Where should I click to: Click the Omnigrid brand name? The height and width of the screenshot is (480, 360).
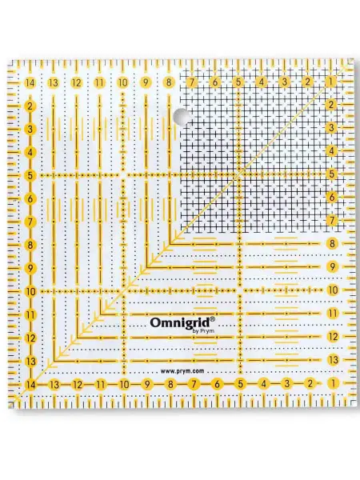pyautogui.click(x=180, y=322)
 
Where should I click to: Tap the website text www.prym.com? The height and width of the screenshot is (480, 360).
pyautogui.click(x=182, y=371)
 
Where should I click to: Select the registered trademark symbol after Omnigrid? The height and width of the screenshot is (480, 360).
pyautogui.click(x=213, y=318)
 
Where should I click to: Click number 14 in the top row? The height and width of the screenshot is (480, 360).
pyautogui.click(x=30, y=82)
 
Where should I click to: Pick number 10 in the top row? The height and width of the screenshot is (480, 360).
pyautogui.click(x=122, y=82)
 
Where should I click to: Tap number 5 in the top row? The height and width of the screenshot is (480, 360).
pyautogui.click(x=238, y=82)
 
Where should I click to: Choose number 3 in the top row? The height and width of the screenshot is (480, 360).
pyautogui.click(x=285, y=82)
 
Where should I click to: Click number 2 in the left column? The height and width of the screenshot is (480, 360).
pyautogui.click(x=30, y=106)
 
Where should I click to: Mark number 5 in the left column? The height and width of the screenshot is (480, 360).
pyautogui.click(x=30, y=176)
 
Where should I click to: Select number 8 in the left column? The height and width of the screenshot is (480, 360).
pyautogui.click(x=30, y=246)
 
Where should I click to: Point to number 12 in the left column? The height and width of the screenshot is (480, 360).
pyautogui.click(x=30, y=338)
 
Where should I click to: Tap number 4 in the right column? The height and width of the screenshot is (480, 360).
pyautogui.click(x=331, y=150)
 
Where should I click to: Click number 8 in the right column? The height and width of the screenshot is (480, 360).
pyautogui.click(x=333, y=244)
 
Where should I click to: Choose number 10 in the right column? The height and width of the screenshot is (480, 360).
pyautogui.click(x=333, y=290)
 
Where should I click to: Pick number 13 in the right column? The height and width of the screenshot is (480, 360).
pyautogui.click(x=333, y=360)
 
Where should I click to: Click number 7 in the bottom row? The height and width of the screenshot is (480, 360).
pyautogui.click(x=194, y=384)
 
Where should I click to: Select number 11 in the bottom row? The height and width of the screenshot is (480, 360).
pyautogui.click(x=101, y=385)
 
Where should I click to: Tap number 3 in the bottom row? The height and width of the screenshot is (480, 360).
pyautogui.click(x=286, y=383)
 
